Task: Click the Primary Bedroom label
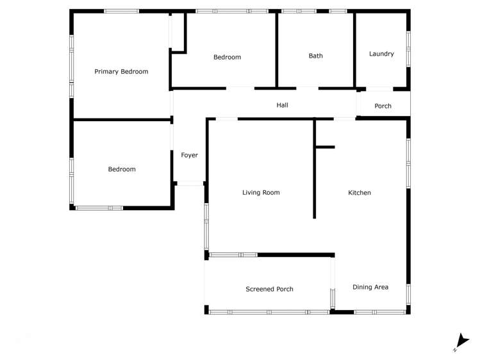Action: tap(121, 72)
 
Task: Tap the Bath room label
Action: tap(316, 56)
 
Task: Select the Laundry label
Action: tap(381, 54)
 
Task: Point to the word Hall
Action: tap(282, 104)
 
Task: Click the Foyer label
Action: tap(189, 155)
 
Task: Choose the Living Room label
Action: tap(261, 192)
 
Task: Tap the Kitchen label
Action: tap(359, 193)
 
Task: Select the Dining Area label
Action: tap(370, 287)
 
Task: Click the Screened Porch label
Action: tap(269, 289)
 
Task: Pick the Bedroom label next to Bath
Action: tap(227, 58)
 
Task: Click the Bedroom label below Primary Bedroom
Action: tap(122, 169)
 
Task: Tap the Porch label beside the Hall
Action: tap(383, 106)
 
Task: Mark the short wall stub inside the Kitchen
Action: tap(325, 147)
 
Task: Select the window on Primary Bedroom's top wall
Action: tap(122, 11)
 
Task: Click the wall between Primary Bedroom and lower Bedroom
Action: tap(122, 119)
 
